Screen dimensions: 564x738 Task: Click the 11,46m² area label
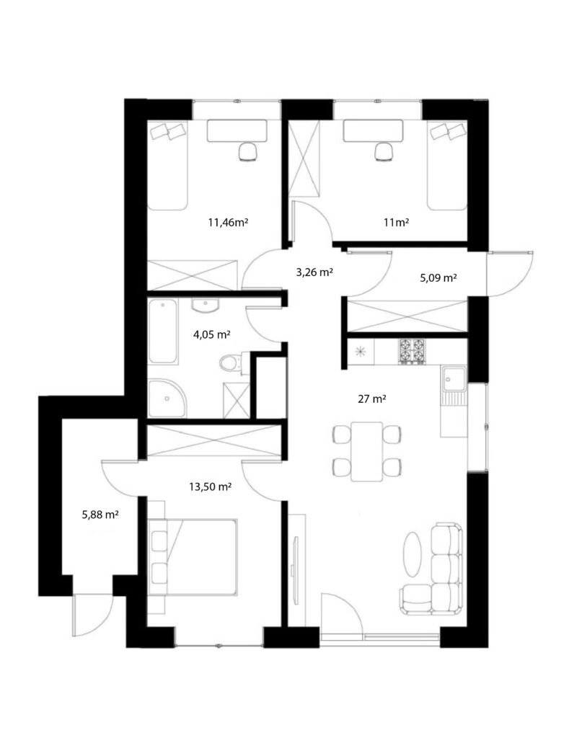tap(228, 223)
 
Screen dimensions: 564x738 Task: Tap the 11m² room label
tap(396, 223)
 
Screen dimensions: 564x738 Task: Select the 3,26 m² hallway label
tap(314, 272)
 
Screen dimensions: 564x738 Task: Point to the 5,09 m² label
tap(439, 277)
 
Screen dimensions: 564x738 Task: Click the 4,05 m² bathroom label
tap(211, 334)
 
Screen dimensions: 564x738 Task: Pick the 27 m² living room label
tap(372, 399)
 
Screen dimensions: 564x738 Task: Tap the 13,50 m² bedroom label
tap(210, 486)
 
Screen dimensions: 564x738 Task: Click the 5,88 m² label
tap(100, 515)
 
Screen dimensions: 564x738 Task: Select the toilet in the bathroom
tap(233, 363)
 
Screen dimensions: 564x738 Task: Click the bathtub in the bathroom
tap(163, 332)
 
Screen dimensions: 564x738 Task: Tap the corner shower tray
tap(167, 398)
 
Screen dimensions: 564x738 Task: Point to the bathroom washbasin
tap(205, 305)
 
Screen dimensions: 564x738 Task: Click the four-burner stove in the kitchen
tap(411, 352)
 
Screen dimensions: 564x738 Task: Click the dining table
tap(366, 452)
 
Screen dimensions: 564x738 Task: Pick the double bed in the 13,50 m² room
tap(193, 557)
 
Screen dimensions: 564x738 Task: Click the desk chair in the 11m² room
tap(384, 152)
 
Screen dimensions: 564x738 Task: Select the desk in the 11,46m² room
tap(237, 130)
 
